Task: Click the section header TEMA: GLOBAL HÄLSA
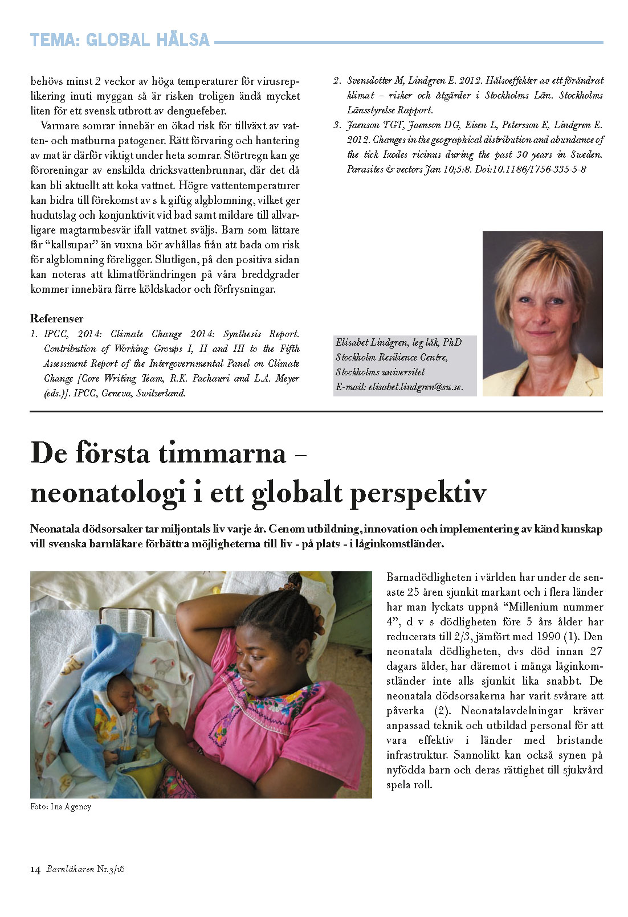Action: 120,40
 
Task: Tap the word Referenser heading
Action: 57,318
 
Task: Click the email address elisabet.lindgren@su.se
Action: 415,387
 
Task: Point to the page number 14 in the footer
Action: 35,869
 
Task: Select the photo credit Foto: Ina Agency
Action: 60,807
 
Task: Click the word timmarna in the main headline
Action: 222,453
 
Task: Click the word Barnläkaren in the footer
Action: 70,869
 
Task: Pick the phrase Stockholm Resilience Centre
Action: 392,357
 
